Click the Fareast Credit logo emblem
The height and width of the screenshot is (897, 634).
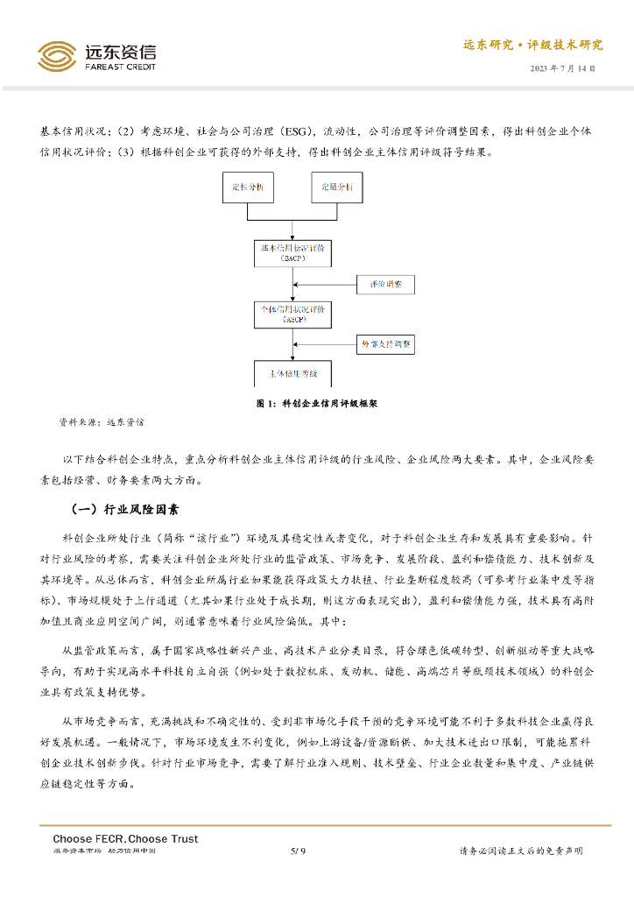click(56, 56)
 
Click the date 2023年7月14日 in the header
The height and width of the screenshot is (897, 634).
click(567, 68)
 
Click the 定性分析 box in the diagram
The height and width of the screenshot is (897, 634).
click(250, 188)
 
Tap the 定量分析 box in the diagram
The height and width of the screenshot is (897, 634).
click(337, 188)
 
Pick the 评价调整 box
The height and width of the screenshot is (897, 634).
click(386, 285)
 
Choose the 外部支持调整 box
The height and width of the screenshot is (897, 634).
click(386, 343)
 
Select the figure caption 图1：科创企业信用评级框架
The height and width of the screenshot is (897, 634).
click(316, 404)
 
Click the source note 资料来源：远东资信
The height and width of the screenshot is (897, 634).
click(102, 422)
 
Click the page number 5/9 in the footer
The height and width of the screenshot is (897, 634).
click(298, 851)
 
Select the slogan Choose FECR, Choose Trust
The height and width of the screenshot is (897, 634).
click(125, 838)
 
